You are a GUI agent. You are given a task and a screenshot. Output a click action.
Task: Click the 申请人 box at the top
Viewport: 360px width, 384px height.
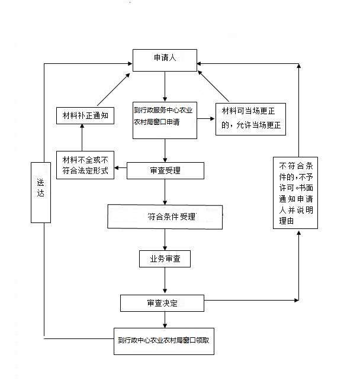coord(165,59)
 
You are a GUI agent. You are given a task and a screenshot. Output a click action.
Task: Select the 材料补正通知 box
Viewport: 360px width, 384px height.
coord(85,115)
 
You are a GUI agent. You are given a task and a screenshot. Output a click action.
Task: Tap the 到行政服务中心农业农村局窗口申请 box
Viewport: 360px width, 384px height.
coord(165,119)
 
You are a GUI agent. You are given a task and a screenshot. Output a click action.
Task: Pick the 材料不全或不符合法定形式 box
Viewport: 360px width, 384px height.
coord(85,166)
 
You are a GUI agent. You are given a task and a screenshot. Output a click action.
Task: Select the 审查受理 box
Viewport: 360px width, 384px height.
coord(165,170)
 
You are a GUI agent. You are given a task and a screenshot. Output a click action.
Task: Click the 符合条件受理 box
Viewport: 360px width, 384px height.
coord(165,217)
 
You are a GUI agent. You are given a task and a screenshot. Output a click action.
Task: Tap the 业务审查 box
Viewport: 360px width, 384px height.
coord(165,259)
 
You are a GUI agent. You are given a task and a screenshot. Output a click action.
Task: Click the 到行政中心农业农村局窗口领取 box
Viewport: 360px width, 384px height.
coord(164,341)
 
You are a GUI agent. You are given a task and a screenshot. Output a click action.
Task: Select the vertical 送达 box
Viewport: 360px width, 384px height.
coord(40,192)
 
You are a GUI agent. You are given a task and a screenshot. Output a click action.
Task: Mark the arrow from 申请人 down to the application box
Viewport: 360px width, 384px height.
coord(165,85)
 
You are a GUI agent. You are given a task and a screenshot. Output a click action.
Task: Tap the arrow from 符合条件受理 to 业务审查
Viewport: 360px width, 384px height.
coord(165,239)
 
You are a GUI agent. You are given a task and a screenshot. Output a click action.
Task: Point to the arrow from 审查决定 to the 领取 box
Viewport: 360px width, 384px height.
coord(165,319)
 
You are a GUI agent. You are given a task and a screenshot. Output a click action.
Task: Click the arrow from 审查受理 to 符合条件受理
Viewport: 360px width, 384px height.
coord(165,192)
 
